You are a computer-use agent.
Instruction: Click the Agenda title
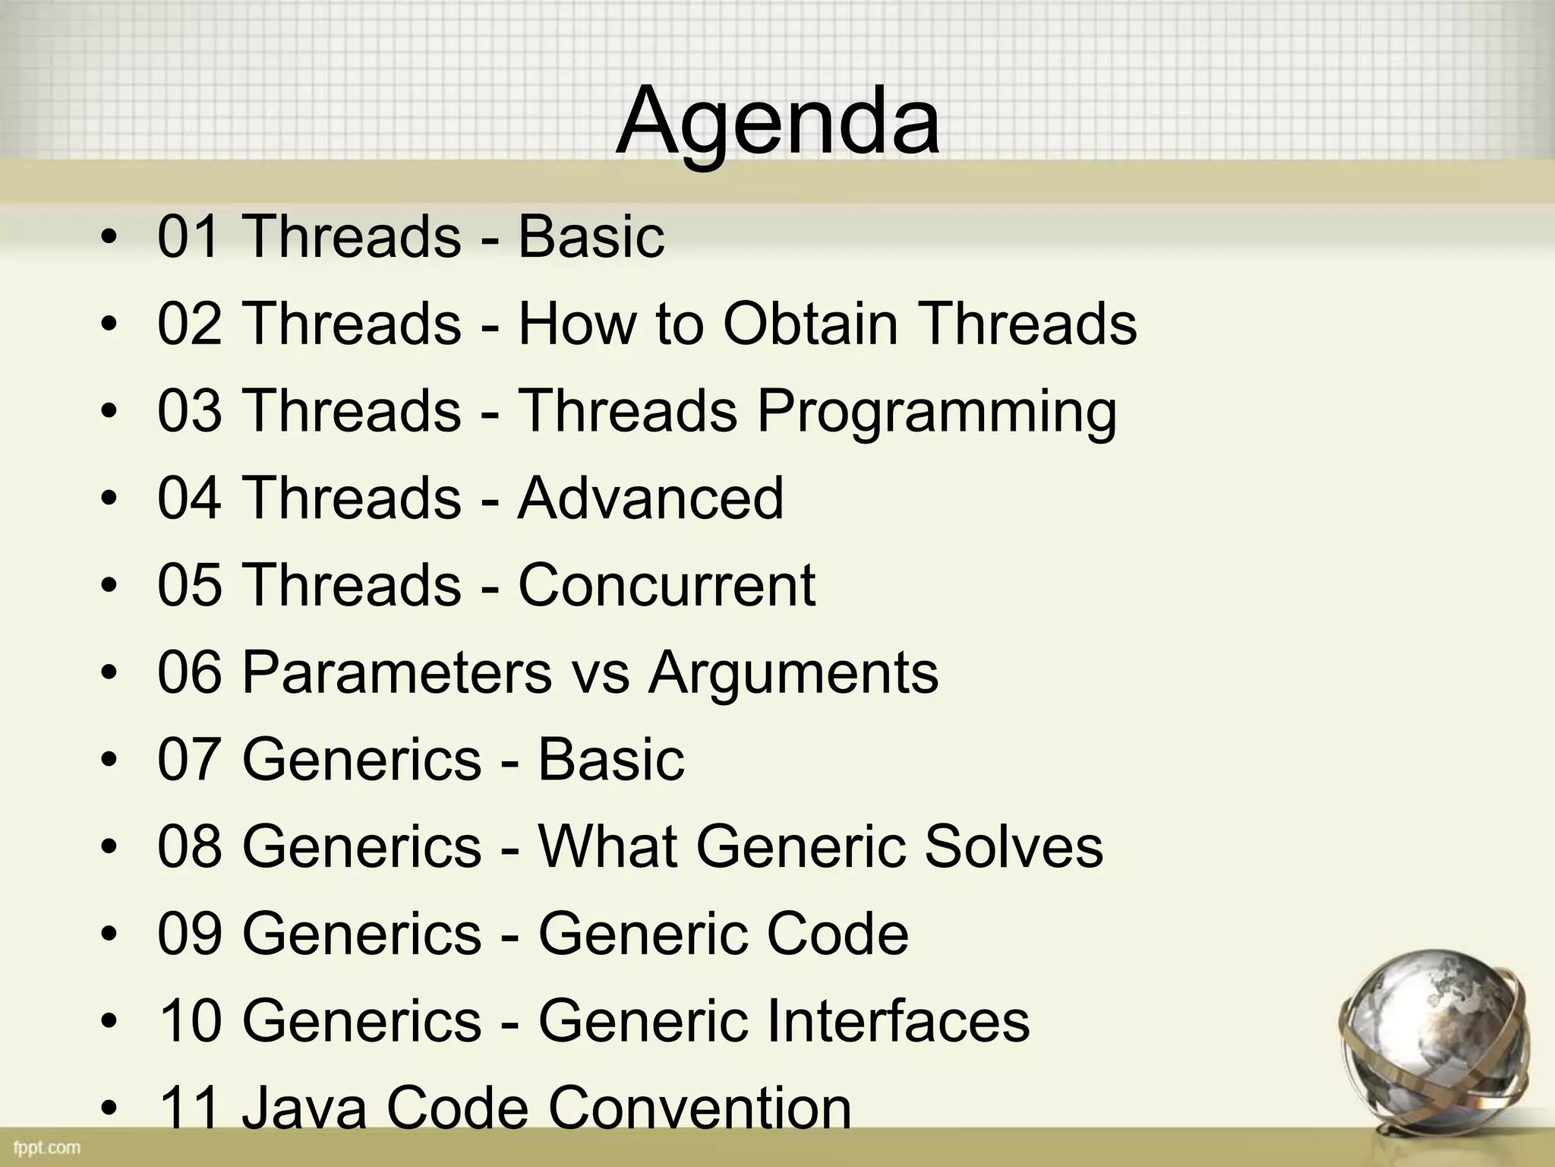[777, 122]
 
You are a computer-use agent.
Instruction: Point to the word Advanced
[650, 498]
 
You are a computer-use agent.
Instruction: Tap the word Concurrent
[667, 585]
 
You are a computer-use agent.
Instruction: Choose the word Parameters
[396, 672]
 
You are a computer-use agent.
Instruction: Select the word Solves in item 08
[1013, 846]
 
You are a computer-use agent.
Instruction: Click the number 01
[190, 237]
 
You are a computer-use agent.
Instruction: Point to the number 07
[190, 760]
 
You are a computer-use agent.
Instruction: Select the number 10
[190, 1021]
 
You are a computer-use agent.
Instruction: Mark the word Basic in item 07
[610, 760]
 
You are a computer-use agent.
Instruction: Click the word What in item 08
[607, 846]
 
